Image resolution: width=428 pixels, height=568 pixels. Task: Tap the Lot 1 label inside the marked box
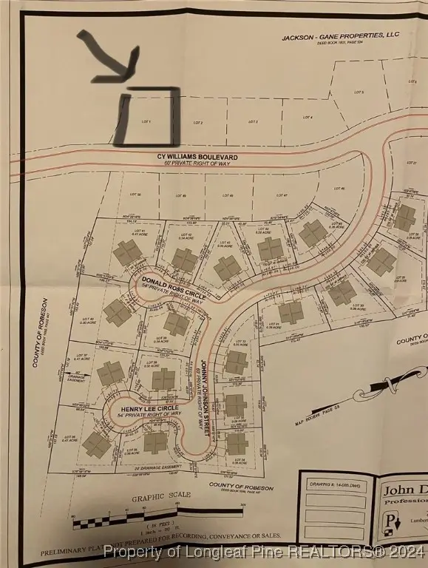click(x=146, y=121)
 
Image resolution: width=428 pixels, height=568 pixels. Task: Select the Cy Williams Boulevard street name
click(x=197, y=158)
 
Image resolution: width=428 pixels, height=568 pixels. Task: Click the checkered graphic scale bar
click(x=126, y=521)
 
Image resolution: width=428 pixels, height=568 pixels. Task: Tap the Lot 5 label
click(x=359, y=92)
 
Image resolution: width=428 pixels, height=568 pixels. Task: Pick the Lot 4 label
click(x=307, y=118)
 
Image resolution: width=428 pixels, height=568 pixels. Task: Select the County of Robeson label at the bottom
click(x=241, y=487)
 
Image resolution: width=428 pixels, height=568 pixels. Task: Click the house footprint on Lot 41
click(x=127, y=253)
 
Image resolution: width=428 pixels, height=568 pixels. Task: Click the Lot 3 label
click(x=253, y=121)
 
